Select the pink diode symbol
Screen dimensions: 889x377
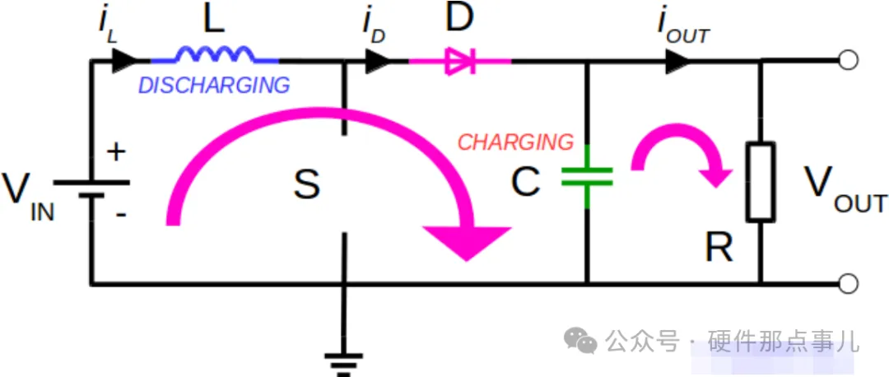point(460,61)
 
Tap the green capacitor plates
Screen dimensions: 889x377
point(588,176)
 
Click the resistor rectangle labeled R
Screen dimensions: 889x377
point(761,181)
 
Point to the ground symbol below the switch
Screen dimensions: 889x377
point(343,364)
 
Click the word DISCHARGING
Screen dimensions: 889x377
point(214,86)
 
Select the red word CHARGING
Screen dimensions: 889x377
point(515,142)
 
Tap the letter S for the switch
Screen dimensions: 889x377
point(307,184)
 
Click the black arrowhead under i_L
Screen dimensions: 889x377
point(124,60)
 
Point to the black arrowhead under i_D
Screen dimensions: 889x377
point(377,60)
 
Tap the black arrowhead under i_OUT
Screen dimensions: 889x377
point(677,60)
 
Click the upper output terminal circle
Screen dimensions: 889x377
point(848,60)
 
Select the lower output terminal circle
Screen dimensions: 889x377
point(848,283)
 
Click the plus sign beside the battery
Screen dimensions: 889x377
point(116,153)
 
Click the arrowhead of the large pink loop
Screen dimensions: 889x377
point(468,241)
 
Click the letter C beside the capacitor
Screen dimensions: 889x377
point(525,183)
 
